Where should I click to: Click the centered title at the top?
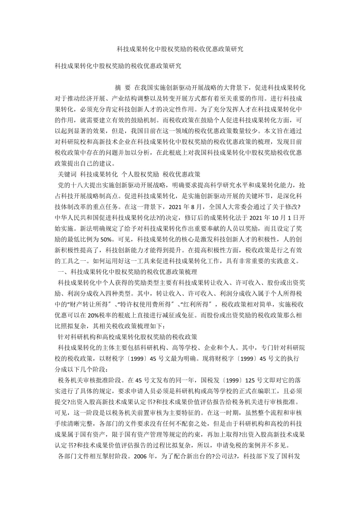click(180, 49)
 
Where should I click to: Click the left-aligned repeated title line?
click(118, 66)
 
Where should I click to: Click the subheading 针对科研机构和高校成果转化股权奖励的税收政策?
click(128, 337)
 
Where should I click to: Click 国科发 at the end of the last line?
click(290, 457)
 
